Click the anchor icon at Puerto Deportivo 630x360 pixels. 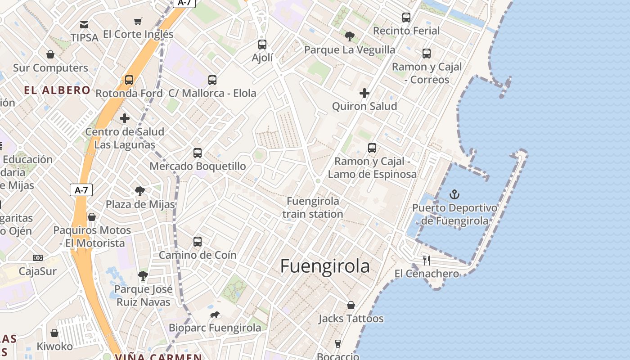coord(454,194)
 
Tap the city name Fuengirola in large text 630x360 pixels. coord(325,266)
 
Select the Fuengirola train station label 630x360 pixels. coord(313,207)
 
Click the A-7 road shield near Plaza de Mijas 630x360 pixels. coord(81,190)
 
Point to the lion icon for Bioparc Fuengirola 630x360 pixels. coord(215,315)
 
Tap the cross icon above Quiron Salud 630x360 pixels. coord(364,93)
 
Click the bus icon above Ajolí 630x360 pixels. coord(262,45)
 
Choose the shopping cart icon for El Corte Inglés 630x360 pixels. coord(138,21)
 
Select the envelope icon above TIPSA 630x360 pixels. coord(84,24)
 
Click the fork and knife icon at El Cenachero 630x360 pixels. coord(427,260)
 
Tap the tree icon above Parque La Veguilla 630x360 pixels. coord(349,36)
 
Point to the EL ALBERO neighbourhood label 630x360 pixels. coord(57,90)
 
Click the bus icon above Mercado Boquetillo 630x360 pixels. coord(198,153)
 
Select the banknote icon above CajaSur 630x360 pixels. coord(38,258)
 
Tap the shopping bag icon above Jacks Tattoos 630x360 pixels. coord(351,306)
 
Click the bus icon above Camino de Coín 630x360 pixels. coord(198,242)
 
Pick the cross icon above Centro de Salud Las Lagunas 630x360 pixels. coord(125,118)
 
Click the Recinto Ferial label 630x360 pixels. coord(406,31)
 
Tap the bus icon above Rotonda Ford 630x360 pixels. coord(129,80)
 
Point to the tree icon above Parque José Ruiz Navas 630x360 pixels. coord(143,275)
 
